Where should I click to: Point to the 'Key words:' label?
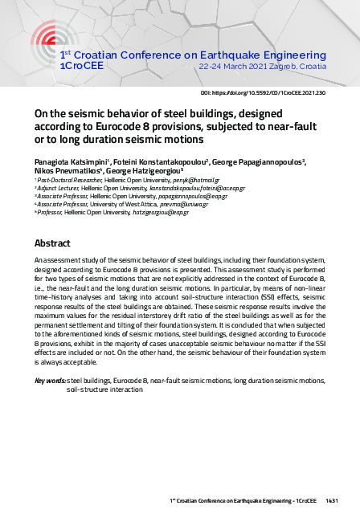pyautogui.click(x=49, y=379)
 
